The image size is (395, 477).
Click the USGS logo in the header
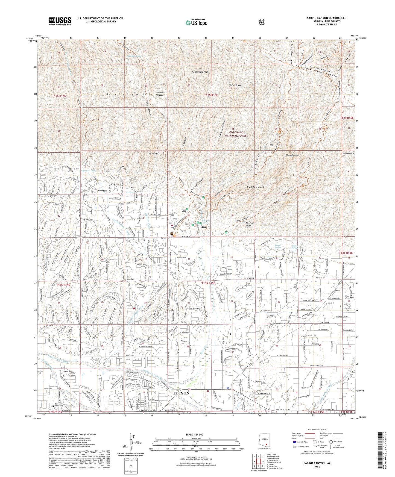coord(60,21)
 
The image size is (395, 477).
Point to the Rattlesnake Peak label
coord(200,72)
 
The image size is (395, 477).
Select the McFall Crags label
coord(235,85)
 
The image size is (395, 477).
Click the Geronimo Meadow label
coord(160,93)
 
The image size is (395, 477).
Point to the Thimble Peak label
coord(292,155)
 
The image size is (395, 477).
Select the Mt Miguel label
coord(154,153)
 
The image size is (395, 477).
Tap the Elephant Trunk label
coord(250,224)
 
